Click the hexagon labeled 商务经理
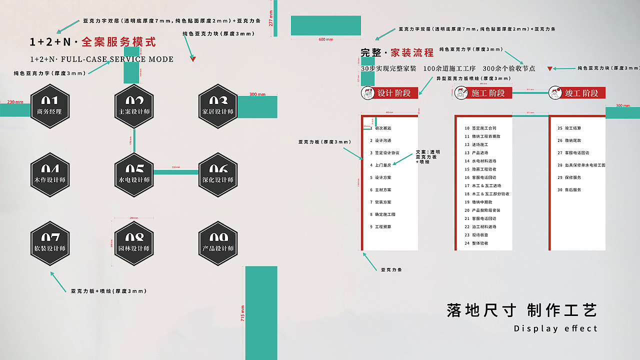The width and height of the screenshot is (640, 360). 49,106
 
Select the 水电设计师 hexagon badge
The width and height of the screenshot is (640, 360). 134,174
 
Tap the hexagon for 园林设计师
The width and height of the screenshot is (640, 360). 134,243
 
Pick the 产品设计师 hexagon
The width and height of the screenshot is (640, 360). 218,243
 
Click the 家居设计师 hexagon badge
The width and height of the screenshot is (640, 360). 218,106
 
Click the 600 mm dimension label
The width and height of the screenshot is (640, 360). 325,39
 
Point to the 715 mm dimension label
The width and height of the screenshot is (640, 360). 243,313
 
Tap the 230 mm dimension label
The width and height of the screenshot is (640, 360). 15,102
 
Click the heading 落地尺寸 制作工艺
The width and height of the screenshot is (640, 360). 522,310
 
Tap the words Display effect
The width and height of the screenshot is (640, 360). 555,328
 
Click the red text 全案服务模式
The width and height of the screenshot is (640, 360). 118,42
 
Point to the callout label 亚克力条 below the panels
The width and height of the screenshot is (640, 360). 391,270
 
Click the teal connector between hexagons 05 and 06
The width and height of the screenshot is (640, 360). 175,172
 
